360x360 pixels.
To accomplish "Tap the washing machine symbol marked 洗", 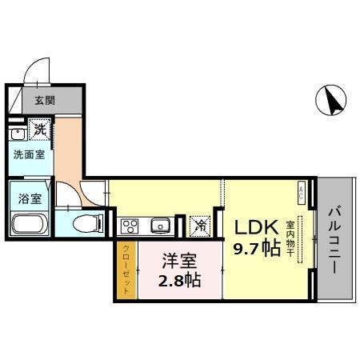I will (38, 128).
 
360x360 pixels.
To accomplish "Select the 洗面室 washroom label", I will (28, 154).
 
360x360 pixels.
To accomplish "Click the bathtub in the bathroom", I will (29, 223).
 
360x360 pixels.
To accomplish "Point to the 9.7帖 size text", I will (257, 249).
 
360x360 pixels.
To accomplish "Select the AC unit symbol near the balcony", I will (302, 191).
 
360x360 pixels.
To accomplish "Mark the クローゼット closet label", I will (126, 270).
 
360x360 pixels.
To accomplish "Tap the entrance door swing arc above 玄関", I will (36, 72).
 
